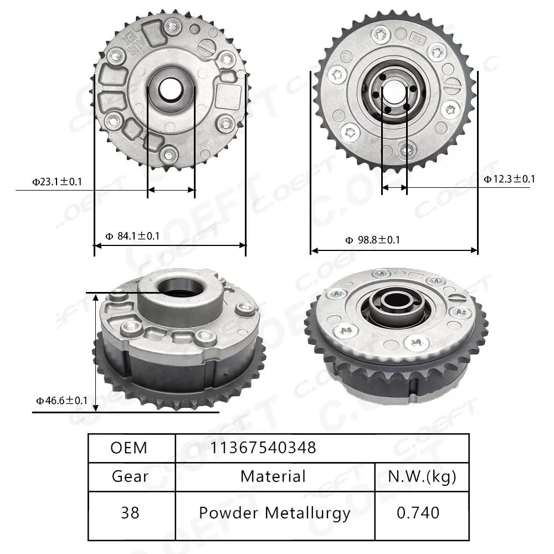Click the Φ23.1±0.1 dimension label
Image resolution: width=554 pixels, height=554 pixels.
57,181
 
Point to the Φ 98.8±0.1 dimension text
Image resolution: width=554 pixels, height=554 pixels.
372,240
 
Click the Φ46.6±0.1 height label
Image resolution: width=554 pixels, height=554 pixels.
61,400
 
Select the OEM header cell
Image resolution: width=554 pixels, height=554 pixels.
132,447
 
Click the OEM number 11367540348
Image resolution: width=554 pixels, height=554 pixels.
263,447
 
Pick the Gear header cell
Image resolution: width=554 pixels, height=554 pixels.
132,476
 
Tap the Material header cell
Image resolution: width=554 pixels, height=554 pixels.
273,476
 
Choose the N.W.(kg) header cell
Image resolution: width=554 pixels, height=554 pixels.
422,476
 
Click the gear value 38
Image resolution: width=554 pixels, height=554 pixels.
132,513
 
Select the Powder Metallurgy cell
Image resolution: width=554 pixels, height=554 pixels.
274,513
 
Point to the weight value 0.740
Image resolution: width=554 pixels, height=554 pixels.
422,513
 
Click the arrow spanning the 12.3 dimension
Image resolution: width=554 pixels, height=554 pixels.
394,188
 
